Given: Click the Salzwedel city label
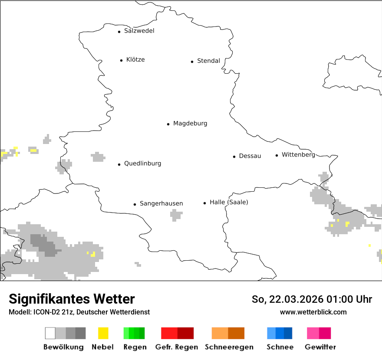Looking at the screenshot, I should click(139, 31).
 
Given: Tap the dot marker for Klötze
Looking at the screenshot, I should click(121, 60).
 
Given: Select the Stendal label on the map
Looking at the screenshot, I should click(208, 61).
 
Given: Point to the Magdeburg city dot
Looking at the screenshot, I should click(168, 124).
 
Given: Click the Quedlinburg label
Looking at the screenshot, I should click(142, 164).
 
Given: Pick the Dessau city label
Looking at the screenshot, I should click(250, 156).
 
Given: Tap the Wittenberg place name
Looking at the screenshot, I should click(298, 155).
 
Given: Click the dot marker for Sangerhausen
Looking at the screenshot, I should click(135, 204).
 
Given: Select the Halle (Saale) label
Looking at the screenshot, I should click(229, 203).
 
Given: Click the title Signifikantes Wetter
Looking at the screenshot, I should click(72, 299).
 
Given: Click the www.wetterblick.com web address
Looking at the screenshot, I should click(313, 312).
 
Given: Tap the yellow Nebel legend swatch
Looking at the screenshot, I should click(103, 333).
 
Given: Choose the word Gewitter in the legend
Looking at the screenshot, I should click(320, 347).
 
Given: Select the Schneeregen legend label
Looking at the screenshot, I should click(229, 347).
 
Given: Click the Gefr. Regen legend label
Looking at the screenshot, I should click(176, 347).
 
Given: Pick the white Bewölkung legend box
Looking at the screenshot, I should click(50, 333).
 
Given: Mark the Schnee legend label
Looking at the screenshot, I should click(280, 347).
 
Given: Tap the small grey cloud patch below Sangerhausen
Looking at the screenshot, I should click(176, 214).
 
